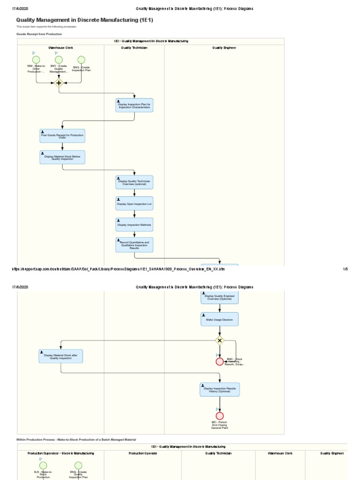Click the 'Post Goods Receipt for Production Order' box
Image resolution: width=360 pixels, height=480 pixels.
click(x=62, y=136)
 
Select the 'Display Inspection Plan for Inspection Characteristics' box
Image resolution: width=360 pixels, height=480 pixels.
click(x=134, y=105)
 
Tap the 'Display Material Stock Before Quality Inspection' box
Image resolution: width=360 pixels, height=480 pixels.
click(x=62, y=157)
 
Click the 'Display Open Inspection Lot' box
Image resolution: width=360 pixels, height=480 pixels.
click(x=134, y=203)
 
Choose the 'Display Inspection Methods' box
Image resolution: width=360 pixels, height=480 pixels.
click(x=134, y=225)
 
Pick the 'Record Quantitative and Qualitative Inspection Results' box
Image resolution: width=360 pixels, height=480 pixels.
click(x=134, y=245)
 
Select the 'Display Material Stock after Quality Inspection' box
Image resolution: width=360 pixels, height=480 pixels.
click(x=61, y=356)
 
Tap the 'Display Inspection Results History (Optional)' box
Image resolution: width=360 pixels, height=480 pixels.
click(x=219, y=390)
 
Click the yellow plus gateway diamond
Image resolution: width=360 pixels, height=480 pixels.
click(x=59, y=83)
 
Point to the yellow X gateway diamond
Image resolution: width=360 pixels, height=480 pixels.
click(x=219, y=340)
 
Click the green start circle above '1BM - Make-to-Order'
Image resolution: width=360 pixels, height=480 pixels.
click(x=37, y=60)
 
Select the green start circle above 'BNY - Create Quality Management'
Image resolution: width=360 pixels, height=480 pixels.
click(x=59, y=60)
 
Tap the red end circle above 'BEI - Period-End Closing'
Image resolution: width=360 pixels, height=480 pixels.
click(x=219, y=416)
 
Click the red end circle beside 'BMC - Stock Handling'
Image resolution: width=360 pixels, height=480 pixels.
click(x=219, y=361)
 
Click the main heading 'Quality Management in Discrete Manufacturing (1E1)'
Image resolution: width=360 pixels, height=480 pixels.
click(x=84, y=20)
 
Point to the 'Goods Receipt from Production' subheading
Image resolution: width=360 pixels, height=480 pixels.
click(x=39, y=34)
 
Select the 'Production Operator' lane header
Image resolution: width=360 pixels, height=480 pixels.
click(x=142, y=453)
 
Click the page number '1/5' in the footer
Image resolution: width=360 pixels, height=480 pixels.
click(x=345, y=269)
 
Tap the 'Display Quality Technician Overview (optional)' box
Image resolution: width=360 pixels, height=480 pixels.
click(x=134, y=182)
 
